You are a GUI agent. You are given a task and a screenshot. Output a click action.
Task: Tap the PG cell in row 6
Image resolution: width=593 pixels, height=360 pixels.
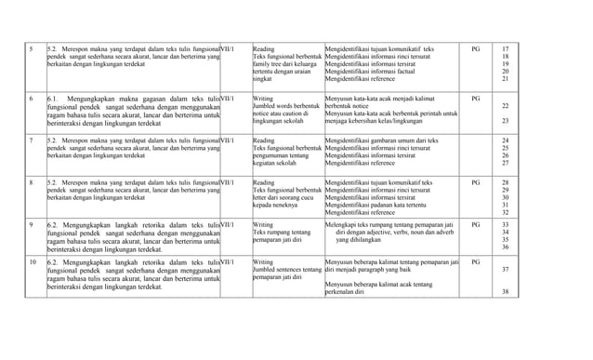pos(476,97)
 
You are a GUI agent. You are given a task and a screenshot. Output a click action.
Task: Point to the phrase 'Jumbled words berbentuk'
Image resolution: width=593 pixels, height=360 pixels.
pos(286,105)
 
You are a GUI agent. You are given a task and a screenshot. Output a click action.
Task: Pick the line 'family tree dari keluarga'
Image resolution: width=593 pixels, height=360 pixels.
pos(286,63)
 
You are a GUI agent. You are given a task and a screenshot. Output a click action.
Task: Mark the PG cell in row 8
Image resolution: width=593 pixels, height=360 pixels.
pos(476,180)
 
